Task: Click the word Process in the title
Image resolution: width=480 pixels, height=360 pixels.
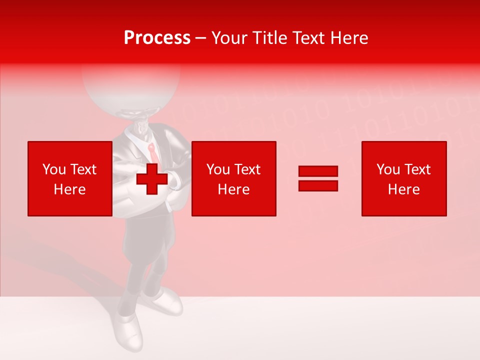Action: pos(157,38)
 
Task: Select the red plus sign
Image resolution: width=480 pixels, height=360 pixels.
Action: pos(152,179)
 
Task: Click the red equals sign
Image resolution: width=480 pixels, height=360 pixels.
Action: pos(318,178)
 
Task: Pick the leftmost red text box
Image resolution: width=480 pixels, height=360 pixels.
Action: pos(69,178)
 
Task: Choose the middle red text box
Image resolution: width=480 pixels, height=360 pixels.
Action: pos(233,178)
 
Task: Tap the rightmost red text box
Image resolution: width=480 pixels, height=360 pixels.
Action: pos(403,178)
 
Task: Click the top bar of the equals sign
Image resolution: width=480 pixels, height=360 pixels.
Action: pos(318,171)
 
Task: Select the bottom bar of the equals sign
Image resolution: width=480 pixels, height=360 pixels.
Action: pos(318,185)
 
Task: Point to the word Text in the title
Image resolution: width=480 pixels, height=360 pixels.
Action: pos(308,38)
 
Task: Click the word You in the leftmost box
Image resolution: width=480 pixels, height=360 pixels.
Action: pos(53,169)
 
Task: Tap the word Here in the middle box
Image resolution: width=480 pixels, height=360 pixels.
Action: pos(233,189)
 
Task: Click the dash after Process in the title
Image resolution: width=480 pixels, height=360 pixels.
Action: pos(200,38)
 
